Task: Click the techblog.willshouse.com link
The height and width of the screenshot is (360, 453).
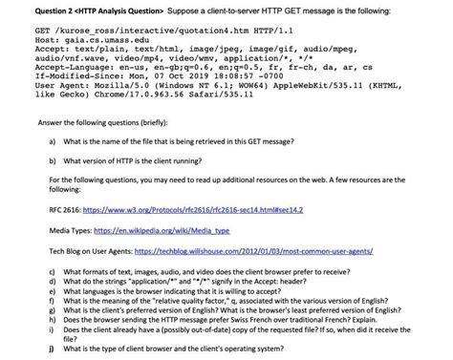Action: (276, 254)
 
